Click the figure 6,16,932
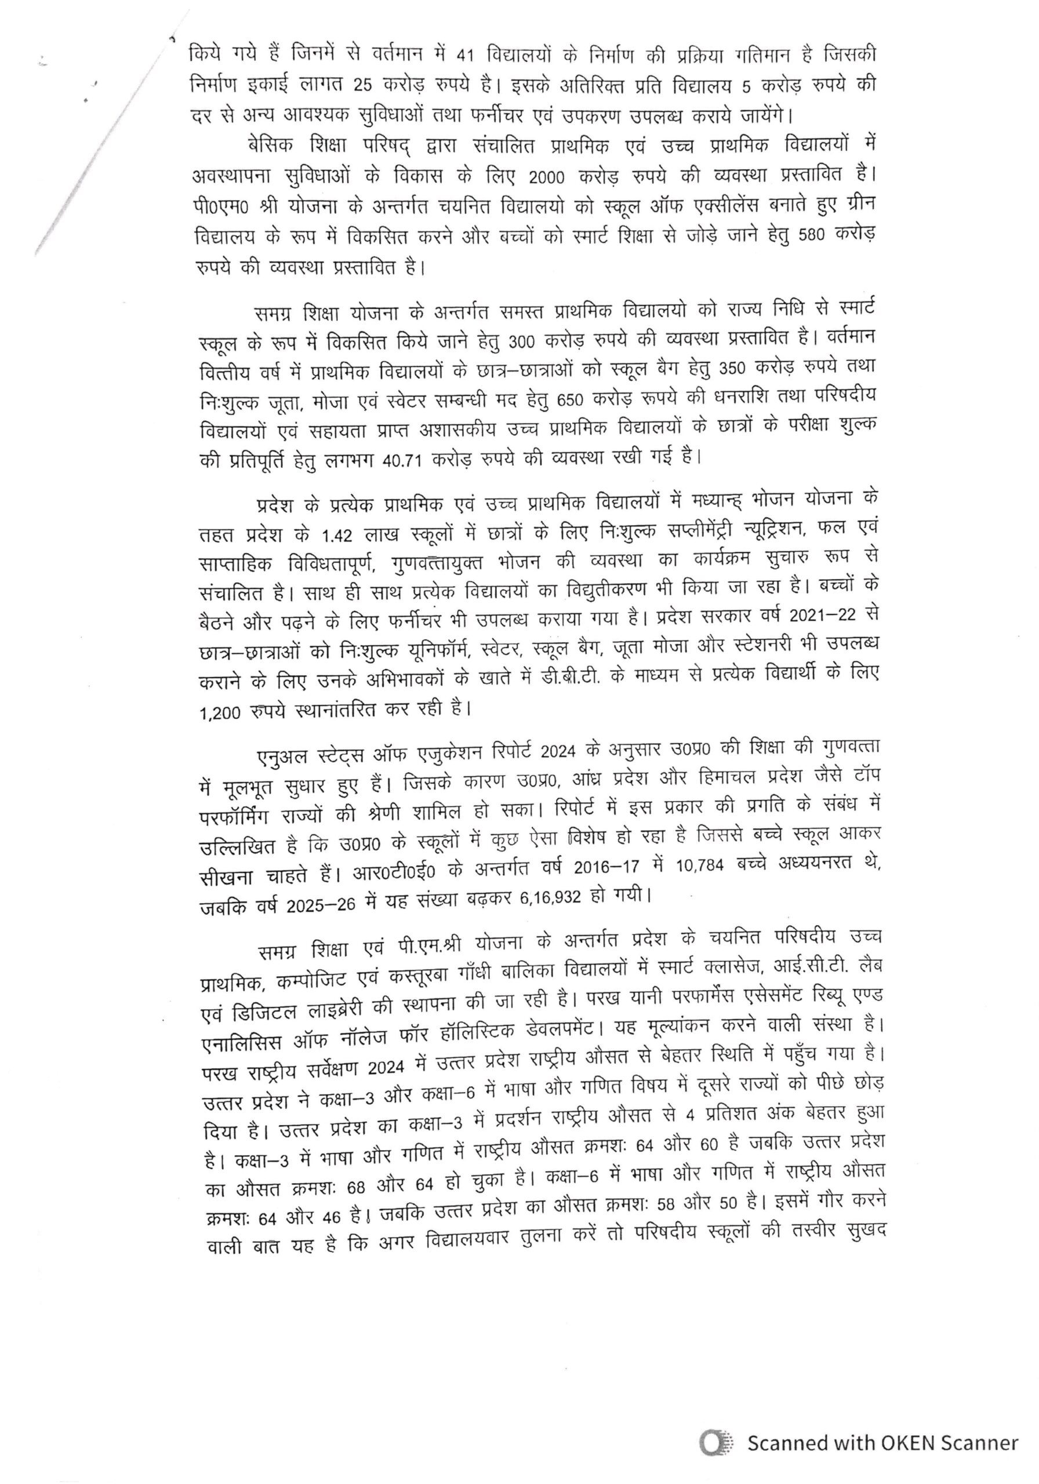560,898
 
